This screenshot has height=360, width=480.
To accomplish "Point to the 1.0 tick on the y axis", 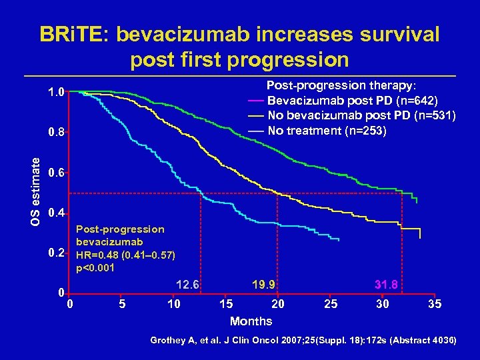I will pyautogui.click(x=56, y=92).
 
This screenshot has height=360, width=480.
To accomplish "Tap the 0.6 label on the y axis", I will pyautogui.click(x=56, y=173).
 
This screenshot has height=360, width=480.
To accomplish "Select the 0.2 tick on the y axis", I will pyautogui.click(x=56, y=254).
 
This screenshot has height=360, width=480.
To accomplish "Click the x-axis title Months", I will pyautogui.click(x=251, y=321).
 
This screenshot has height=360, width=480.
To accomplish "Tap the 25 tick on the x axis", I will pyautogui.click(x=331, y=305).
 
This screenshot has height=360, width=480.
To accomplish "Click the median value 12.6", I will pyautogui.click(x=187, y=285).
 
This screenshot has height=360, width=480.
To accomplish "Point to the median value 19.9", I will pyautogui.click(x=265, y=285).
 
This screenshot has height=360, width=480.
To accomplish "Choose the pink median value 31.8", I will pyautogui.click(x=387, y=285).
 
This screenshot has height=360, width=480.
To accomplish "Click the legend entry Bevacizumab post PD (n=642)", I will pyautogui.click(x=352, y=101).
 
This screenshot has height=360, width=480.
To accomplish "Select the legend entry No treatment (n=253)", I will pyautogui.click(x=327, y=130).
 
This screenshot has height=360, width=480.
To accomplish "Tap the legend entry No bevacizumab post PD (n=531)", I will pyautogui.click(x=361, y=115).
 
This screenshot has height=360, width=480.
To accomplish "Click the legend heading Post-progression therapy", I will pyautogui.click(x=341, y=86).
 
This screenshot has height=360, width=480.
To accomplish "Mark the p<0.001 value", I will pyautogui.click(x=96, y=268).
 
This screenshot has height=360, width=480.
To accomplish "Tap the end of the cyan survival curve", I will pyautogui.click(x=339, y=239).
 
